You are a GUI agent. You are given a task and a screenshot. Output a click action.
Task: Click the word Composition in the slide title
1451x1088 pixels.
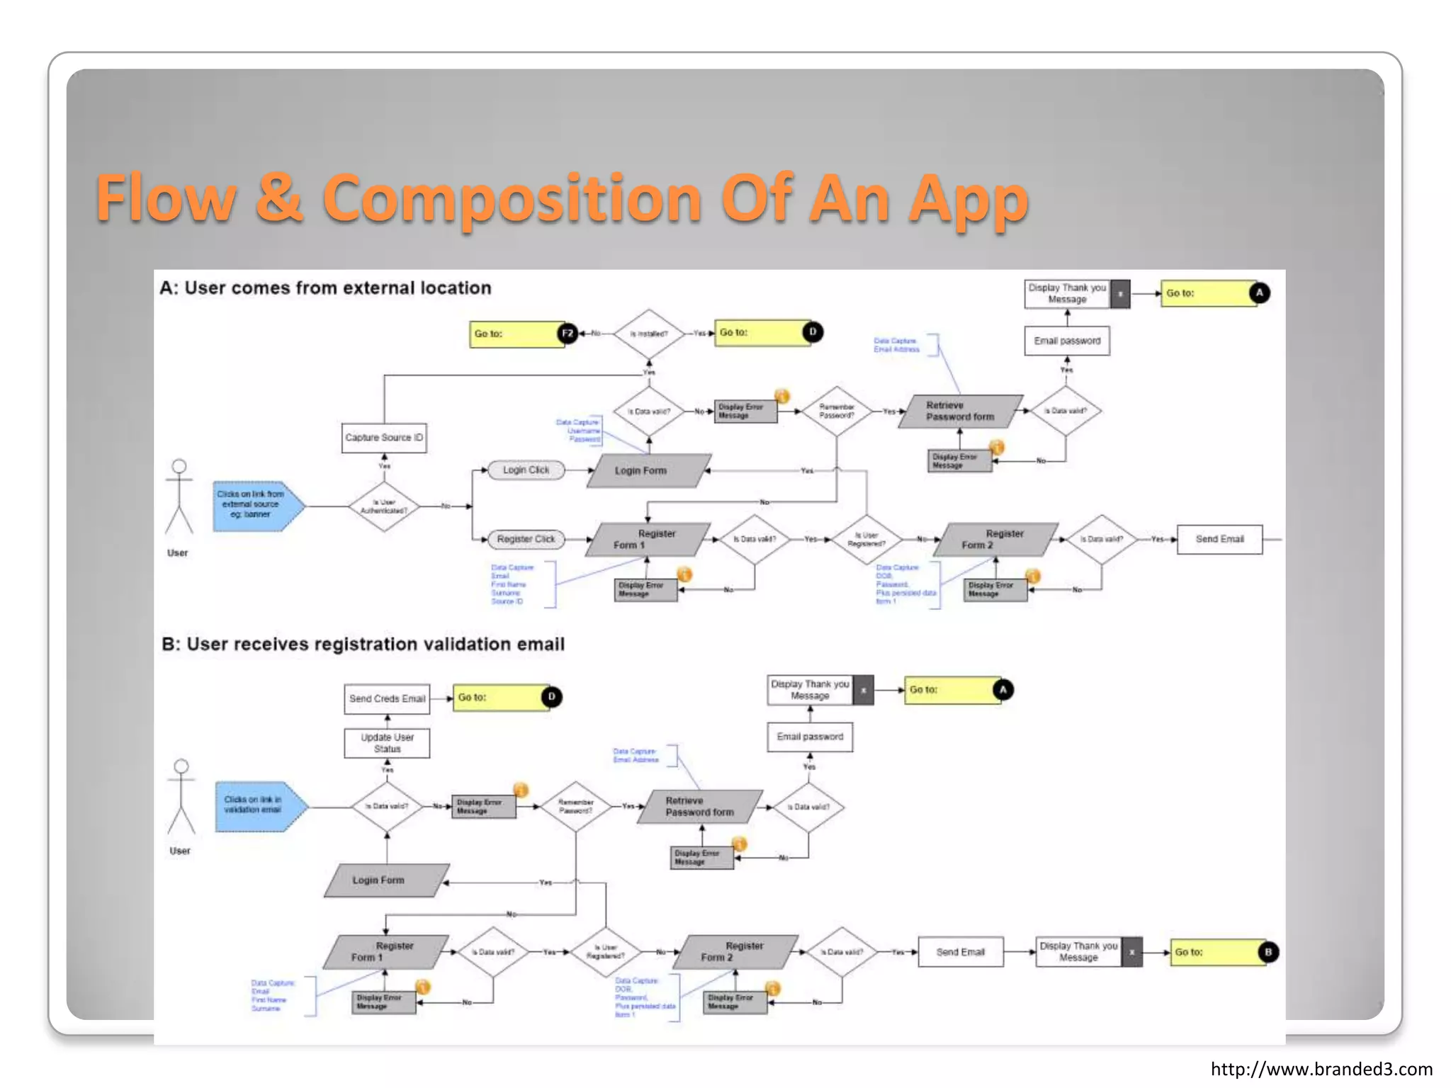coord(512,198)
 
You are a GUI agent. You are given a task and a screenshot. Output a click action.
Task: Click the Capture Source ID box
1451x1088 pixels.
coord(384,438)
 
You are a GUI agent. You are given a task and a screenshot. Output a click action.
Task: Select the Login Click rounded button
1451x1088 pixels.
coord(526,470)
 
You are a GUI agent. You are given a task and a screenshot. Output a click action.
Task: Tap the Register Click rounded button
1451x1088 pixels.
coord(526,539)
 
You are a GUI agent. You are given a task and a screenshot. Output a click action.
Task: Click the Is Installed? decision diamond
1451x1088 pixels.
coord(648,334)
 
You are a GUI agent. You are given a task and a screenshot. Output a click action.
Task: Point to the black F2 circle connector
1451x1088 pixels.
coord(568,334)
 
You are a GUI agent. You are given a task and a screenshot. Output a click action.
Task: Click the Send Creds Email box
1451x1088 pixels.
coord(387,698)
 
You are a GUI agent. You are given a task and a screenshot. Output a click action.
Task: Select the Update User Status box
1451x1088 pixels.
coord(387,743)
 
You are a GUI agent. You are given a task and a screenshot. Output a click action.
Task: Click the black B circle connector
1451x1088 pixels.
coord(1268,952)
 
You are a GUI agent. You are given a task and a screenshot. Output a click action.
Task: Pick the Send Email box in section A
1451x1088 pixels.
coord(1219,539)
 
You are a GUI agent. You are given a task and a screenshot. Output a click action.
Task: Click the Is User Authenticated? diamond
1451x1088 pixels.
coord(384,506)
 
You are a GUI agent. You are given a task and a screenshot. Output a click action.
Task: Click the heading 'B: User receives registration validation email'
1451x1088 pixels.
coord(363,644)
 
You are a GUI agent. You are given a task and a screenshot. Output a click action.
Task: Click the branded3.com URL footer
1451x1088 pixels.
coord(1321,1069)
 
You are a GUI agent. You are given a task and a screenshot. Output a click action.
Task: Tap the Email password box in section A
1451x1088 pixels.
coord(1067,341)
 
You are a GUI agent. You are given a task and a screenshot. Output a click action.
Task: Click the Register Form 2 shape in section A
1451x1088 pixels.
coord(995,540)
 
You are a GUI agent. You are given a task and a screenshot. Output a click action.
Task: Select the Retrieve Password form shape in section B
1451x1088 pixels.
coord(699,807)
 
